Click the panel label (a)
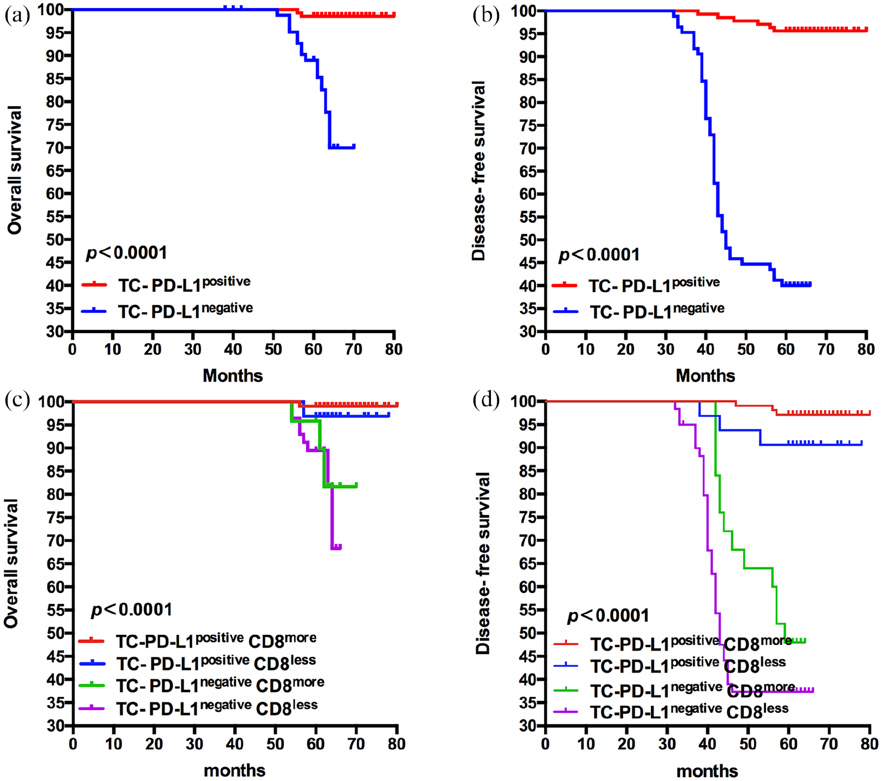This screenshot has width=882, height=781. click(x=17, y=15)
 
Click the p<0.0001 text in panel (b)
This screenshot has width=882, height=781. click(x=599, y=255)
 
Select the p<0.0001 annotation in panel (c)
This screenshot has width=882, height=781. click(x=131, y=609)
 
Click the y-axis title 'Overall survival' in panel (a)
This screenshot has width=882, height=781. click(x=15, y=170)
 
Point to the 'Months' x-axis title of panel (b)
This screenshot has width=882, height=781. click(x=705, y=376)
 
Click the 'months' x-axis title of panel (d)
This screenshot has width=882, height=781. click(x=707, y=771)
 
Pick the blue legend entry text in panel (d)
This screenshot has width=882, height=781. click(x=688, y=665)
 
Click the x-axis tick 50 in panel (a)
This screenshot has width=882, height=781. click(x=273, y=349)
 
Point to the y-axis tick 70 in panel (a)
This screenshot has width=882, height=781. click(x=55, y=148)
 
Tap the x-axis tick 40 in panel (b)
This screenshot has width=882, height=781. click(x=705, y=349)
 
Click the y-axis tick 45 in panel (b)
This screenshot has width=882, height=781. click(x=528, y=263)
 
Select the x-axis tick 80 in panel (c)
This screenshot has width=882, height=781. click(x=397, y=744)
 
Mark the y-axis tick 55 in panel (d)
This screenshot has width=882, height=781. click(x=528, y=610)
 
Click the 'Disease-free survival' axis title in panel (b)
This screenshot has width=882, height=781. click(x=478, y=171)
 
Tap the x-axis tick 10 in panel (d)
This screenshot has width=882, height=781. click(x=586, y=744)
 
